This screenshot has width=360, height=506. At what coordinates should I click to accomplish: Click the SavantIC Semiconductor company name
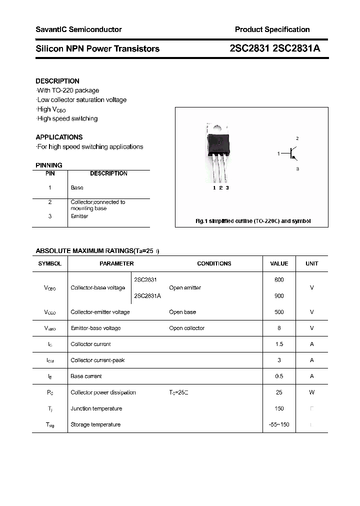(x=78, y=29)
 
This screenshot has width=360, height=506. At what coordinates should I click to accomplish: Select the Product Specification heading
(x=272, y=29)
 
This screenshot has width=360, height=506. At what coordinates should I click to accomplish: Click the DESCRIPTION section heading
(x=57, y=81)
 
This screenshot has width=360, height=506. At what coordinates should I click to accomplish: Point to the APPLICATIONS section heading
(x=59, y=137)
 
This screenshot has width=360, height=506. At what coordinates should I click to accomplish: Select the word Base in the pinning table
(x=77, y=188)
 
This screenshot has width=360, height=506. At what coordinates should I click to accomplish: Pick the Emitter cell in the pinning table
(x=79, y=216)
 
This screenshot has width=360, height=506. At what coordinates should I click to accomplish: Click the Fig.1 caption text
(x=252, y=221)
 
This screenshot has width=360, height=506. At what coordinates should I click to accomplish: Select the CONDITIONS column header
(x=214, y=263)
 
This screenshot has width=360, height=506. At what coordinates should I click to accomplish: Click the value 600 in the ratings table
(x=279, y=280)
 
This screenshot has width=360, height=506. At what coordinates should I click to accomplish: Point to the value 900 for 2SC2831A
(x=279, y=296)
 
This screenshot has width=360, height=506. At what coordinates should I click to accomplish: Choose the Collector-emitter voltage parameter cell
(x=100, y=312)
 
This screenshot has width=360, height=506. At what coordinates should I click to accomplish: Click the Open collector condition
(x=186, y=328)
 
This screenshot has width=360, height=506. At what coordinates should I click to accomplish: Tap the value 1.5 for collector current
(x=279, y=344)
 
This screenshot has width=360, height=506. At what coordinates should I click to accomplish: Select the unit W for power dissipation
(x=311, y=392)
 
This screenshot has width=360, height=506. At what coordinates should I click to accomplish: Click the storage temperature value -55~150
(x=279, y=424)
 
